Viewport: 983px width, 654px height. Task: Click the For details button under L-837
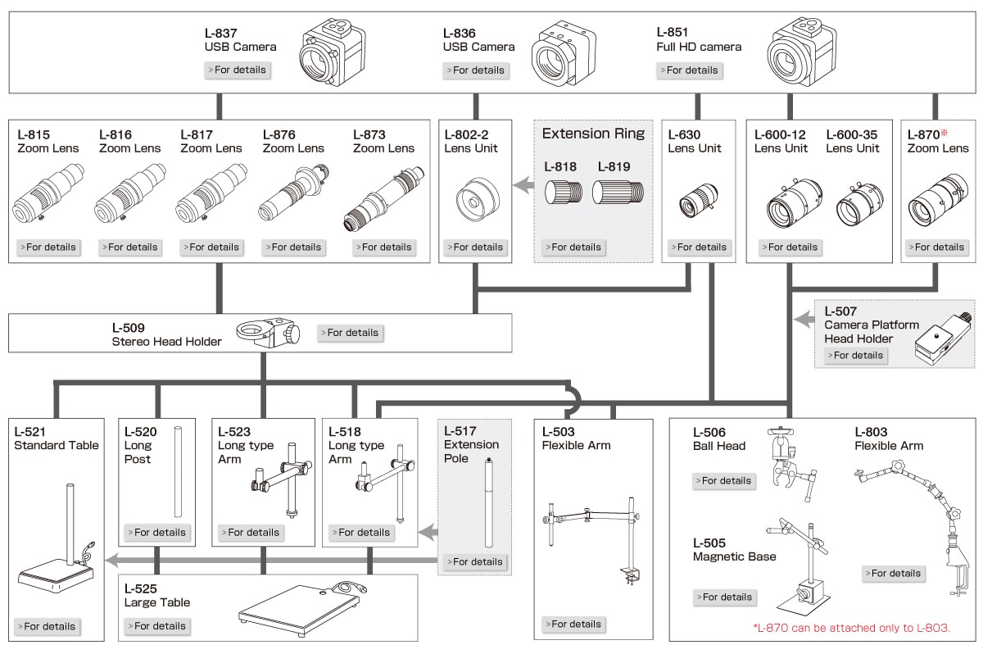(x=237, y=70)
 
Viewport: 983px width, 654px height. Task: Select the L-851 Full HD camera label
(x=698, y=39)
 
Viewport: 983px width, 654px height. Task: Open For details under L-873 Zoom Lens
(x=383, y=247)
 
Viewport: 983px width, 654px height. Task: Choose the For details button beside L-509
(x=351, y=333)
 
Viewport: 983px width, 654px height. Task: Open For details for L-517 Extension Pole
(x=473, y=561)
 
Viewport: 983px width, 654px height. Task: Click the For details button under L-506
(x=723, y=481)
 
